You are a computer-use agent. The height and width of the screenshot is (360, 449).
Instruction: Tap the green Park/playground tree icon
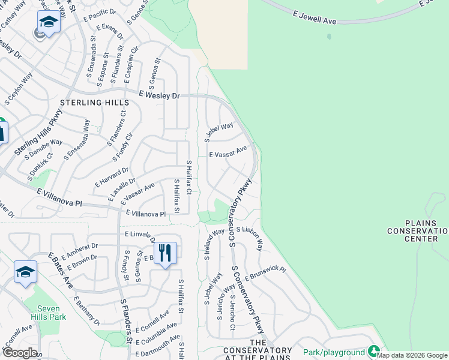click(374, 351)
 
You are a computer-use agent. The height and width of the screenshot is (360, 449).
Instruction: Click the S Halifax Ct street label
click(188, 177)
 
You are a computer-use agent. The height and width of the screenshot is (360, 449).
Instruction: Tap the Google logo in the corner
click(19, 352)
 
